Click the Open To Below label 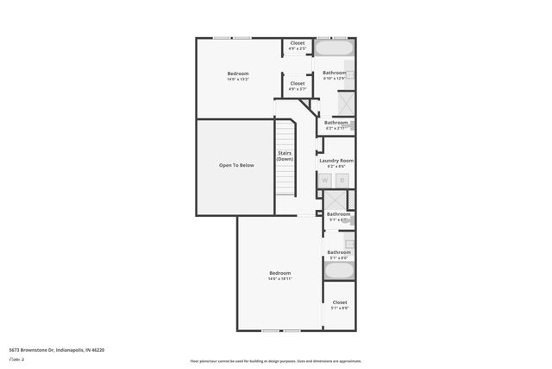[235, 165]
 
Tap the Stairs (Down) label [285, 156]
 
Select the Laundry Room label [336, 161]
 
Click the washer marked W [326, 180]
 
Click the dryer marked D [342, 180]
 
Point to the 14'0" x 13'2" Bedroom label [238, 76]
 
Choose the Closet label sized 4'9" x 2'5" [298, 46]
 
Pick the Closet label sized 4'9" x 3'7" [298, 86]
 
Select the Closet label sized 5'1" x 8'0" [339, 305]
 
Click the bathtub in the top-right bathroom [335, 49]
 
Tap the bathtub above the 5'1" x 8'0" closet [338, 270]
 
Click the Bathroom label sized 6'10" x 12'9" [334, 75]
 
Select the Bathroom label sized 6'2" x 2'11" [336, 124]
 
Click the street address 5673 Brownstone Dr [57, 350]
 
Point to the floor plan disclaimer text [276, 361]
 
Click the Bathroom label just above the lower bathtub [338, 254]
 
